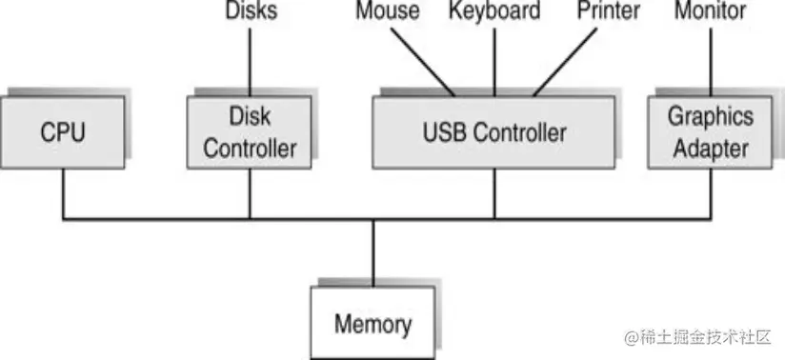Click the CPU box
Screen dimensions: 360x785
[62, 131]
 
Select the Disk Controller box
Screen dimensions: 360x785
[250, 132]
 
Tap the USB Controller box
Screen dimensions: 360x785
[493, 131]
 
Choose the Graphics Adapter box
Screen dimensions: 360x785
[710, 131]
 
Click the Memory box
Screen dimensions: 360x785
[372, 324]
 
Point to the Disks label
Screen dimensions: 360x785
[250, 11]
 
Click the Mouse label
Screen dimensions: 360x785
[387, 11]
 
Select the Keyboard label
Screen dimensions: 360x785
[493, 11]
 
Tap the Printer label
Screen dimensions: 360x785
[609, 11]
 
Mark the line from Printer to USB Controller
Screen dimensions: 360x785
[569, 59]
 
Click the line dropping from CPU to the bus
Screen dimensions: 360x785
[63, 196]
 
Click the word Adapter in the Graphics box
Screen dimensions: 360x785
[710, 148]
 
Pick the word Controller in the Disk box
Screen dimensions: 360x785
[250, 149]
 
